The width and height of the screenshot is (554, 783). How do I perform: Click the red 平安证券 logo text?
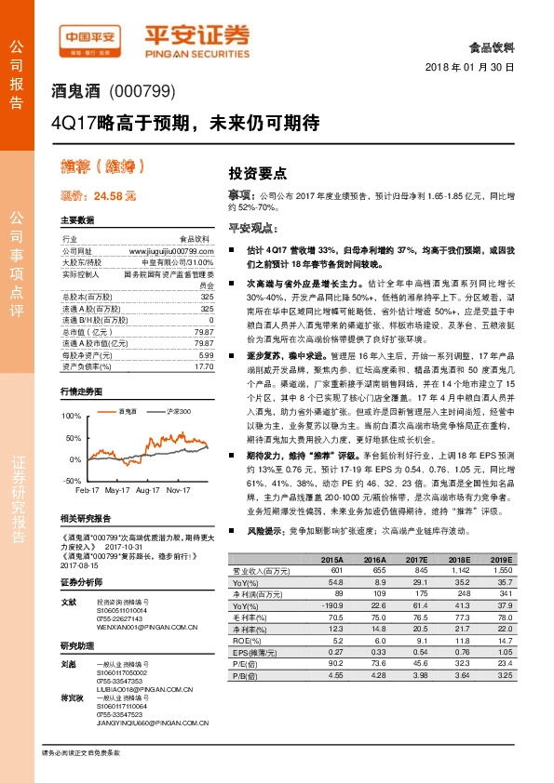[x=197, y=34]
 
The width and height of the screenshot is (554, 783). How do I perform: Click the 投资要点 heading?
[x=258, y=173]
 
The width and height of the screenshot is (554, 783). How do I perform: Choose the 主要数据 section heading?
[x=77, y=220]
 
